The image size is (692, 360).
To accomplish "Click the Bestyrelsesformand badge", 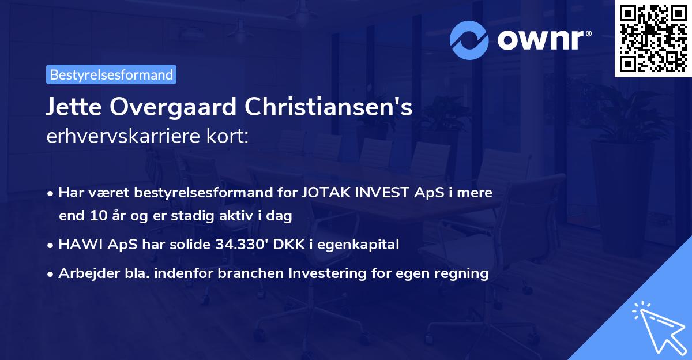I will pos(111,74).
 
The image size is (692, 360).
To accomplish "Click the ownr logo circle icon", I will pos(468,40).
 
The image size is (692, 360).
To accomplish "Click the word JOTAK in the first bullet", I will pos(324,193).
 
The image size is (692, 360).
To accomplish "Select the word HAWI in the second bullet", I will pos(76,245).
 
